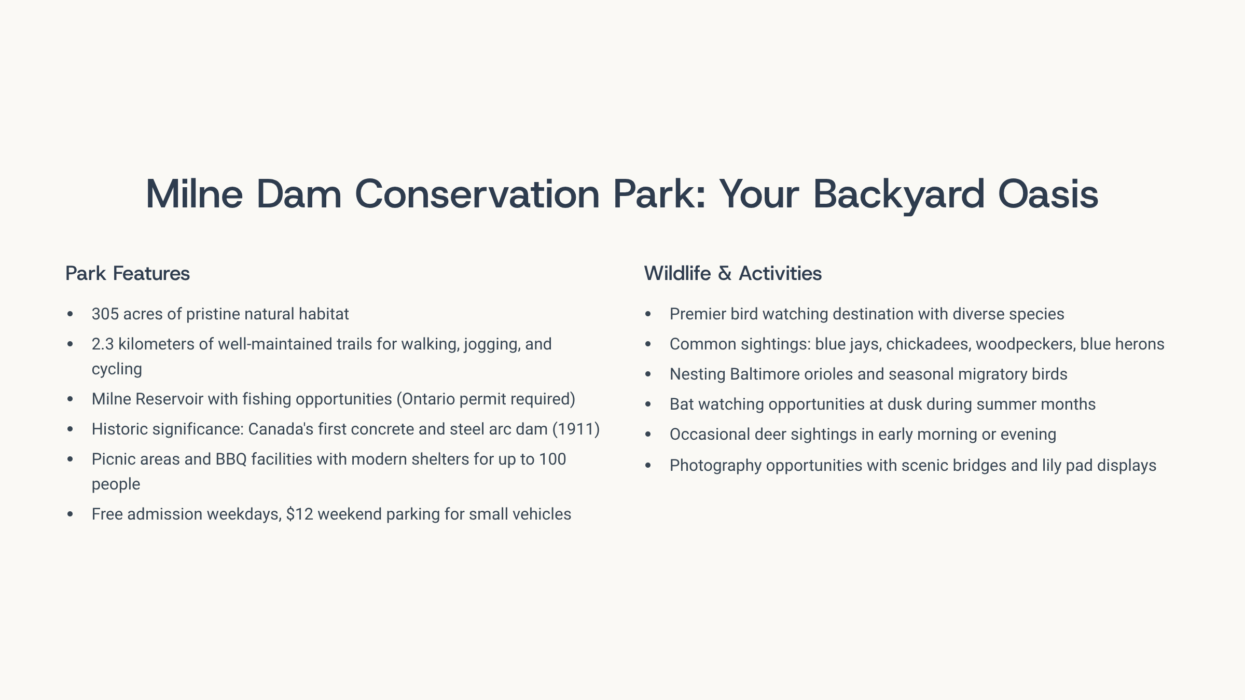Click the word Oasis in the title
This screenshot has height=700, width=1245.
[x=1048, y=194]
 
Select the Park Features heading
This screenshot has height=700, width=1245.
[x=128, y=273]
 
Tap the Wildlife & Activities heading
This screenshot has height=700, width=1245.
[x=733, y=273]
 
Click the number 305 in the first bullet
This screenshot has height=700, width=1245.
[x=105, y=314]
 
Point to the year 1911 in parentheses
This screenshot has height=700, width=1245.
[x=576, y=429]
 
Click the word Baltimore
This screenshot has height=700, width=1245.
[x=765, y=374]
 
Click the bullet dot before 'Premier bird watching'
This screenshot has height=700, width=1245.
[x=648, y=314]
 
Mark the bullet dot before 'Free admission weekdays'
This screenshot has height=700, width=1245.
[x=70, y=514]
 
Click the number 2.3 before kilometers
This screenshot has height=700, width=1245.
[x=103, y=344]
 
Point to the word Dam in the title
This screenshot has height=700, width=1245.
[x=299, y=194]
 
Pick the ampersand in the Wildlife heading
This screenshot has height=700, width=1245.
[x=725, y=273]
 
